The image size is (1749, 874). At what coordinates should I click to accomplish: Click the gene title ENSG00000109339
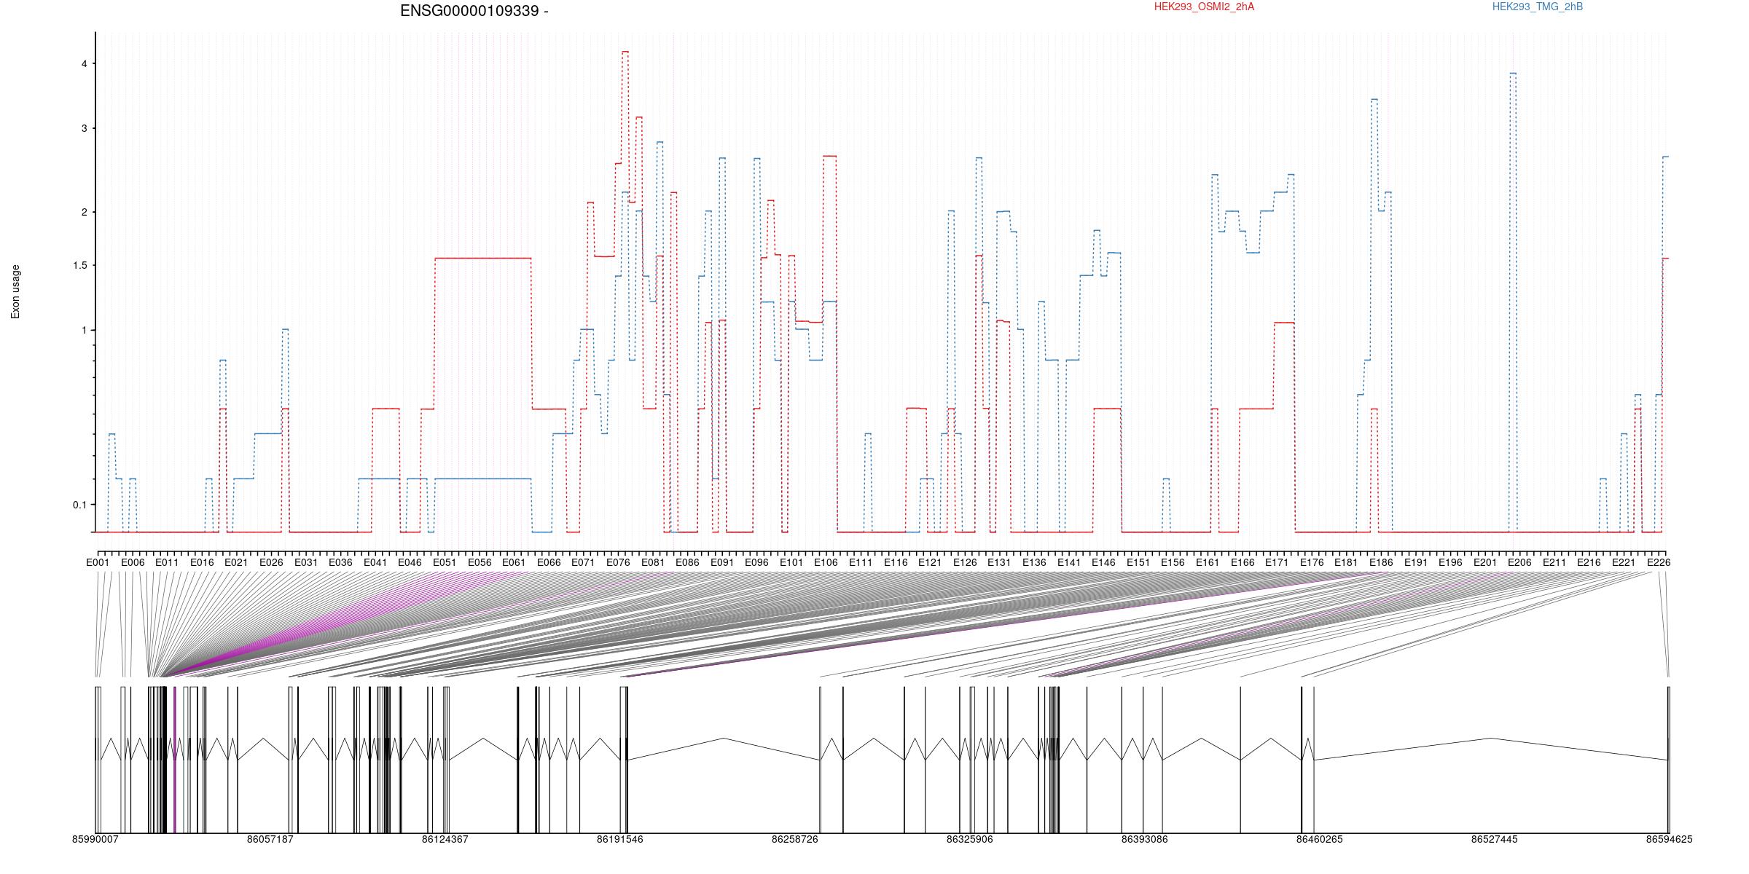(470, 11)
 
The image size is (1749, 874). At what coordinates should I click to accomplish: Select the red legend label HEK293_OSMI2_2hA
(1205, 7)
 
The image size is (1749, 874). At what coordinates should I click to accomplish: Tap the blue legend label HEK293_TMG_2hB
(1538, 7)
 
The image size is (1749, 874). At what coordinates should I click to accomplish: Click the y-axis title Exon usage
(15, 291)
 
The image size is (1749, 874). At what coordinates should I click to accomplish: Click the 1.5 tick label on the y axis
(79, 265)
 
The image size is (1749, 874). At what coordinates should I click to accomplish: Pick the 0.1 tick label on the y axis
(79, 505)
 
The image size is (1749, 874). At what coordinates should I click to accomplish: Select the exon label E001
(98, 562)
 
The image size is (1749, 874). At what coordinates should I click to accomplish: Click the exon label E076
(618, 562)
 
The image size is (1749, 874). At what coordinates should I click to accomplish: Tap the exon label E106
(826, 562)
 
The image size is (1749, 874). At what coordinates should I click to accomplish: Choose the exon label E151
(1138, 562)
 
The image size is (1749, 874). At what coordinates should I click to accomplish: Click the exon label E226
(1659, 562)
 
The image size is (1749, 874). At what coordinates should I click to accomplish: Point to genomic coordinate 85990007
(95, 839)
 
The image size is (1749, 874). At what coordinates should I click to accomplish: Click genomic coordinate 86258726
(795, 839)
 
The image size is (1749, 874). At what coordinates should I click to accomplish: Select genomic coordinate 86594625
(1670, 839)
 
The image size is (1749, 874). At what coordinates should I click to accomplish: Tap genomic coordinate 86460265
(1319, 839)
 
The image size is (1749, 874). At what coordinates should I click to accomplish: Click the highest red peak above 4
(625, 52)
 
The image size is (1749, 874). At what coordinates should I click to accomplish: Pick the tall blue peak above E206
(1513, 73)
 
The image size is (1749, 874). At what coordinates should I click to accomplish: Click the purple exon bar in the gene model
(175, 760)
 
